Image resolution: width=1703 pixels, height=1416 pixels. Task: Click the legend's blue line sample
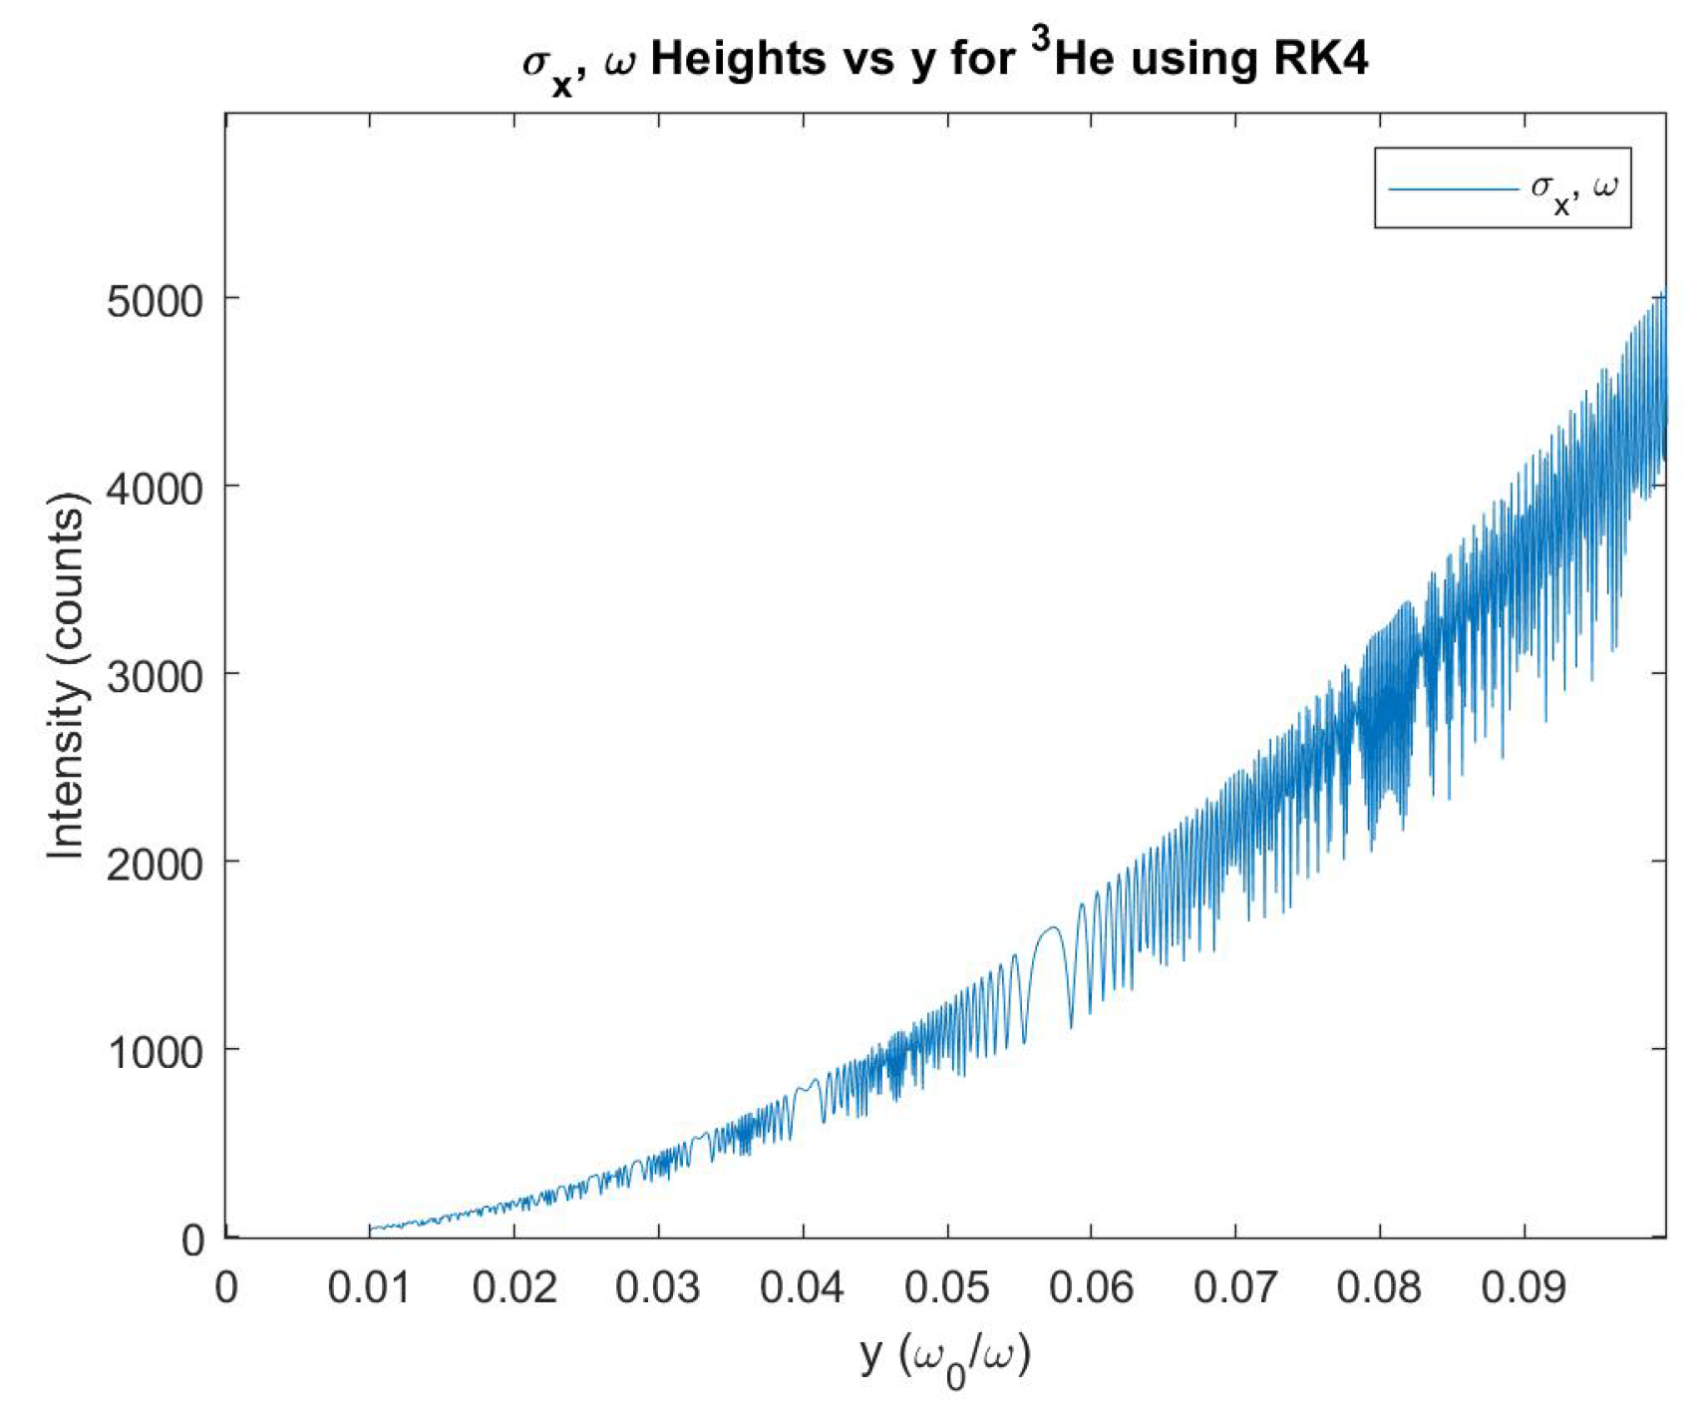coord(1452,187)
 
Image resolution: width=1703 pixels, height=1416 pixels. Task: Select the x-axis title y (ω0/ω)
coord(945,1357)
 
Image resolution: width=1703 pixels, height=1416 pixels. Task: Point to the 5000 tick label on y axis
coord(155,300)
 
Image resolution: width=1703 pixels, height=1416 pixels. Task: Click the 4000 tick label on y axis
coord(155,488)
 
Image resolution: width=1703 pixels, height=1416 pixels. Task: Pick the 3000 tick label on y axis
coord(155,675)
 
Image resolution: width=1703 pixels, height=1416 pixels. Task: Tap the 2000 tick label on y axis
coord(155,863)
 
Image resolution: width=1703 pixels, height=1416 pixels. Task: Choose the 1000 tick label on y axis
coord(155,1051)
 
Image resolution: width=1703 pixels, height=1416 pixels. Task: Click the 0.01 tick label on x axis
coord(369,1287)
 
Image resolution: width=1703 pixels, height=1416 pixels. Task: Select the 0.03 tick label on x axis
coord(657,1287)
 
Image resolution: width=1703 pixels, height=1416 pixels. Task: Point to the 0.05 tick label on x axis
coord(946,1287)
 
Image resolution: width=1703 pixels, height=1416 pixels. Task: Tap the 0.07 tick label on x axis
coord(1234,1287)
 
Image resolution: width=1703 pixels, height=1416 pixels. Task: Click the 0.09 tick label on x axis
coord(1523,1287)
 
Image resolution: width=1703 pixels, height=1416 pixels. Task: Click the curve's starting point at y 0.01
coord(370,1228)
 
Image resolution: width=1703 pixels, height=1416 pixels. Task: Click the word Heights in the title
coord(738,60)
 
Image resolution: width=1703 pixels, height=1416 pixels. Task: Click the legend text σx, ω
coord(1573,189)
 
